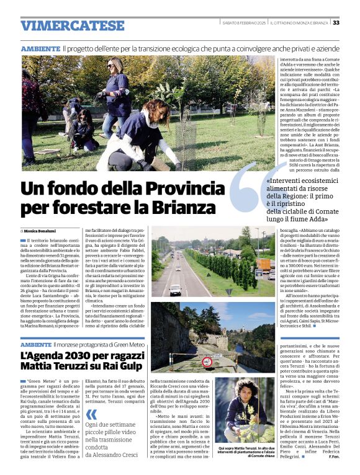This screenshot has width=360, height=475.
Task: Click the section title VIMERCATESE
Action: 72,25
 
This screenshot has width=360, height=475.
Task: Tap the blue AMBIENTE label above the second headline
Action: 36,344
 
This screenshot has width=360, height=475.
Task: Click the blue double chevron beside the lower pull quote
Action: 91,415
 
